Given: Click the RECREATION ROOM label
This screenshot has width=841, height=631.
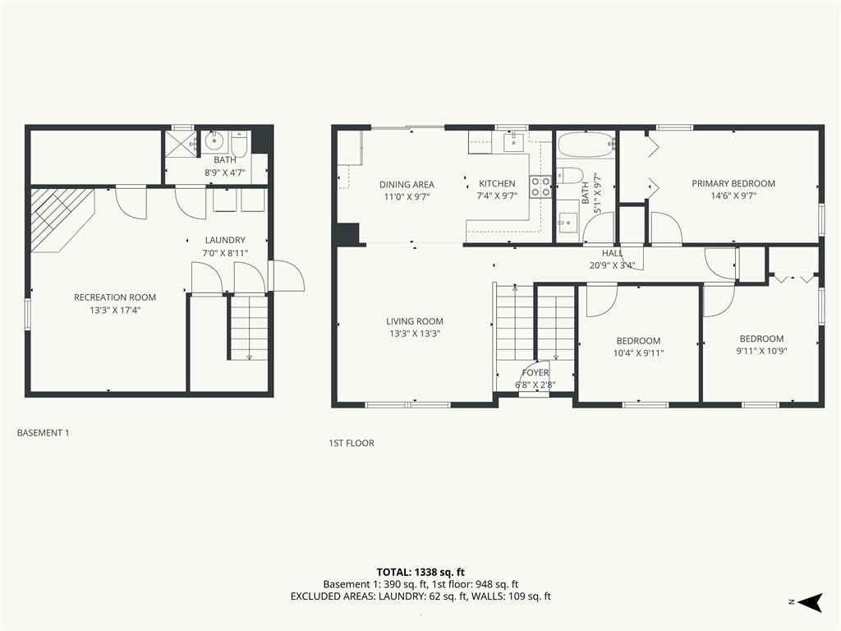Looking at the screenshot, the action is point(115,297).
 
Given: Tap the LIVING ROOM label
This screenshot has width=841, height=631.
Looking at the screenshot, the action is point(415,321).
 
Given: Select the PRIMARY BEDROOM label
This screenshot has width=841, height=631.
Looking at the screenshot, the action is point(733,183).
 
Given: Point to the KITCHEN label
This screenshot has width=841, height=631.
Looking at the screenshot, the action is point(497,183).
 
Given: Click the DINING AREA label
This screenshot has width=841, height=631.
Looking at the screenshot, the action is point(407,185).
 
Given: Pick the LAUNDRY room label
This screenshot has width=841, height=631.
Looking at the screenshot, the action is point(225,240).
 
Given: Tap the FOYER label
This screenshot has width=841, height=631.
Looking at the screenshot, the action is point(535,372).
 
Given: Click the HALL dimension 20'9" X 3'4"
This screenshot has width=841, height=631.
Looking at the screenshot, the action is point(612,265).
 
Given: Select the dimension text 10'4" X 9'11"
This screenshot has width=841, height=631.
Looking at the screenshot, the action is point(638,353).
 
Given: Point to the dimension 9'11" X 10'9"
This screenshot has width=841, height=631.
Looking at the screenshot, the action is point(761,351).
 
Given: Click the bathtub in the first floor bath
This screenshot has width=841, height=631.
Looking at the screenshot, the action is point(585,145).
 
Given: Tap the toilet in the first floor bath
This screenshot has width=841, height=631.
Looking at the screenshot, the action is point(569,175).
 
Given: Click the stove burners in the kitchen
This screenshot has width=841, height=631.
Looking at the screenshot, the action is point(540,187).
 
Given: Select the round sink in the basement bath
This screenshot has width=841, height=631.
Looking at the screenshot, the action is point(214,141).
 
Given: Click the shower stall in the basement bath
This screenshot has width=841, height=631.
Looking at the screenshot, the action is point(182,143).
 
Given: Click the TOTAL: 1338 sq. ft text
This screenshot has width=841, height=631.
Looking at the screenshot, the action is point(420,572).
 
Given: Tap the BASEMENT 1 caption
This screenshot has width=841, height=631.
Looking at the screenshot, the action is point(43,432).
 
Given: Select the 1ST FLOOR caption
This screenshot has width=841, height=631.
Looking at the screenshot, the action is point(352,443).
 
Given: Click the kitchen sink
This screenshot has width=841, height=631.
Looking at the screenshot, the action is point(514,140).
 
